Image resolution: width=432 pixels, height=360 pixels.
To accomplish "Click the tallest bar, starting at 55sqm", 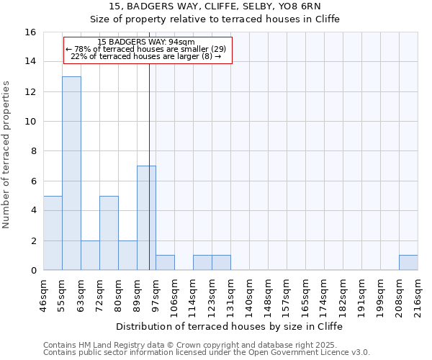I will pyautogui.click(x=71, y=173).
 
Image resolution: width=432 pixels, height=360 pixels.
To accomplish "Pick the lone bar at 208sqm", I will pyautogui.click(x=408, y=262).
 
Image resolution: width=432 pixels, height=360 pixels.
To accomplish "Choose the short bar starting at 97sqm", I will pyautogui.click(x=165, y=262).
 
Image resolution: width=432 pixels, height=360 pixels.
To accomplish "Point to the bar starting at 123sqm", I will pyautogui.click(x=221, y=262).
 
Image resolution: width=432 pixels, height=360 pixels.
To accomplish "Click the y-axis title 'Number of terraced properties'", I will pyautogui.click(x=7, y=155).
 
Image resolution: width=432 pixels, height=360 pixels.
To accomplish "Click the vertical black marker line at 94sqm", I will pyautogui.click(x=149, y=144).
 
